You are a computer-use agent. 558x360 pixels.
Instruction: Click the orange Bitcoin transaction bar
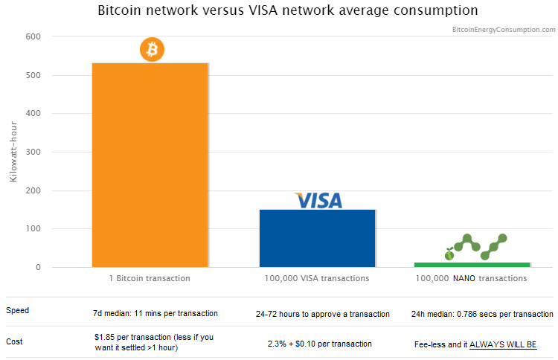(x=150, y=164)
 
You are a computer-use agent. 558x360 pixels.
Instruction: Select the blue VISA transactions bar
(x=317, y=237)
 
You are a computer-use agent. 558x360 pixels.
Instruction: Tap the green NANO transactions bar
(x=472, y=264)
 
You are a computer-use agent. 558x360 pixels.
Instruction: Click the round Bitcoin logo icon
(x=152, y=50)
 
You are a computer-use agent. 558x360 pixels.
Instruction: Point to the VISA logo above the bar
(x=318, y=200)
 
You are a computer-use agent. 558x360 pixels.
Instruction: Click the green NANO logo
(x=476, y=248)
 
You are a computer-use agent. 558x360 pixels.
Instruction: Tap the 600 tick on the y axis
(x=33, y=36)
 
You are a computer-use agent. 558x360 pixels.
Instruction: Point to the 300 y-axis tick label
(x=33, y=152)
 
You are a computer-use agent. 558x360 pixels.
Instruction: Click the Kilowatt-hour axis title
(x=13, y=152)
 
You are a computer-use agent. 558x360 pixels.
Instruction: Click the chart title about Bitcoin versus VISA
(x=288, y=10)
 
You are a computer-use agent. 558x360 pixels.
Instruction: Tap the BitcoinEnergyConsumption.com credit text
(x=504, y=30)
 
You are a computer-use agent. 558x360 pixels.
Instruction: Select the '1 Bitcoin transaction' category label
(x=150, y=278)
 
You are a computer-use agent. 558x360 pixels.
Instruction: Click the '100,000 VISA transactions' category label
(x=317, y=278)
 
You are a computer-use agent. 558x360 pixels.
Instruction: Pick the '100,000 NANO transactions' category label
(x=472, y=278)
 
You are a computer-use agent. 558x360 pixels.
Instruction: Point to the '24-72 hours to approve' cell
(x=322, y=314)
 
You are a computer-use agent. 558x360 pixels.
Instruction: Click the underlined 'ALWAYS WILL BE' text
(x=503, y=345)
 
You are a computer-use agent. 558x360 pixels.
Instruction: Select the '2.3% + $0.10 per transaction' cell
(x=320, y=344)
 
